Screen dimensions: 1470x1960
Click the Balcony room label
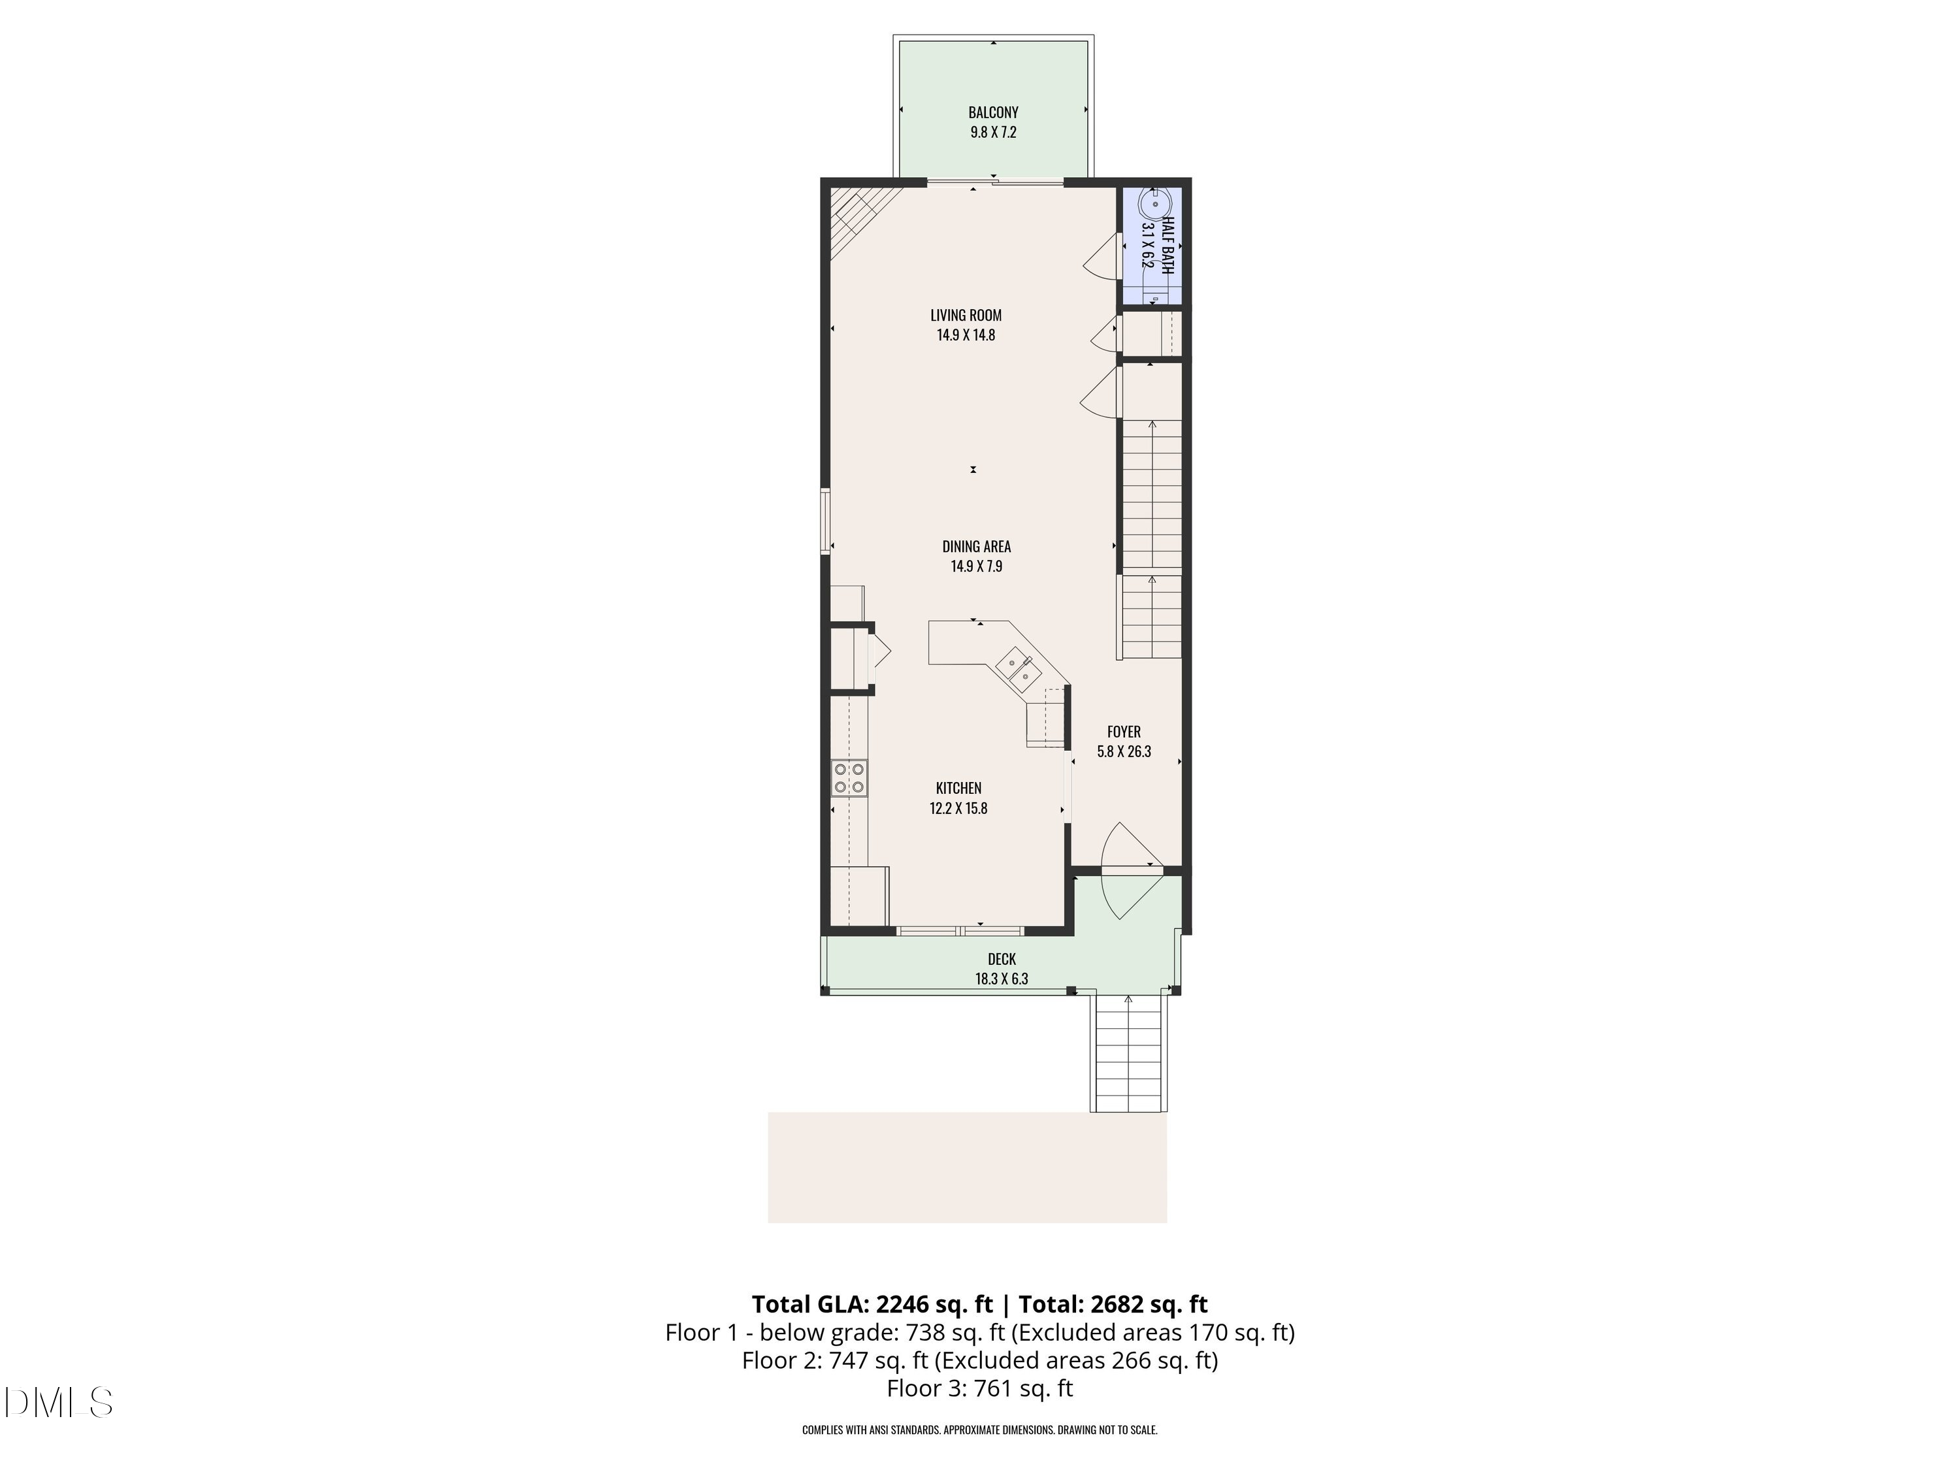(x=992, y=112)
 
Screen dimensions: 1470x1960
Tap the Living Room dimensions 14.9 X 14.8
(x=966, y=335)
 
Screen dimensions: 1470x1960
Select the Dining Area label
(x=977, y=547)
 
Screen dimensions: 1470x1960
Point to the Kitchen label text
(x=958, y=788)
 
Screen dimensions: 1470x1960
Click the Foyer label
(x=1124, y=732)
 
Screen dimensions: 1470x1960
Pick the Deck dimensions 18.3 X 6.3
(x=1002, y=979)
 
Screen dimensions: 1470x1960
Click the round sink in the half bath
(x=1154, y=204)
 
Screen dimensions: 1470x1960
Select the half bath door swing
(x=1102, y=257)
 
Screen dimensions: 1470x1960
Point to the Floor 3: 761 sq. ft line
(x=979, y=1388)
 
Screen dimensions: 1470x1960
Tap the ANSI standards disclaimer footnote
(x=979, y=1429)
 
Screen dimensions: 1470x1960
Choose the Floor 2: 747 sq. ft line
(x=979, y=1360)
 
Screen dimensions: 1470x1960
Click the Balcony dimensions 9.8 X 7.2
(x=992, y=133)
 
